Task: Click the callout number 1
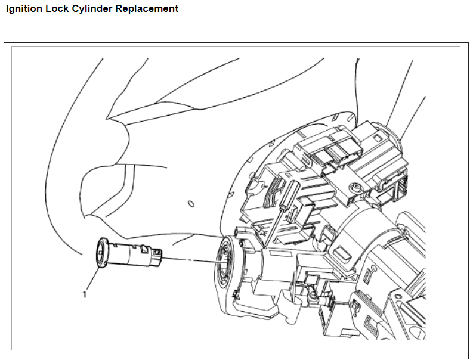85,294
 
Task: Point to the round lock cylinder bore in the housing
222,262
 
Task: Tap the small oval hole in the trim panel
191,204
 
